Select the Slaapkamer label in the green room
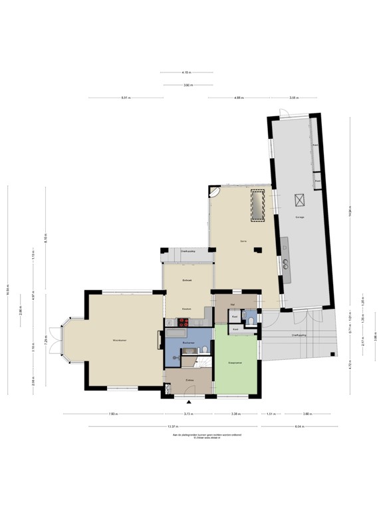(235, 363)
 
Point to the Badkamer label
(188, 342)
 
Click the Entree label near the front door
(190, 381)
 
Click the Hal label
(233, 303)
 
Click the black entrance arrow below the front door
(190, 402)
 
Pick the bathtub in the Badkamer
(178, 331)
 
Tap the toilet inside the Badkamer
(207, 350)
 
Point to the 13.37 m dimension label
(172, 426)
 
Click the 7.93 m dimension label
(113, 414)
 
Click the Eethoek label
(188, 282)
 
